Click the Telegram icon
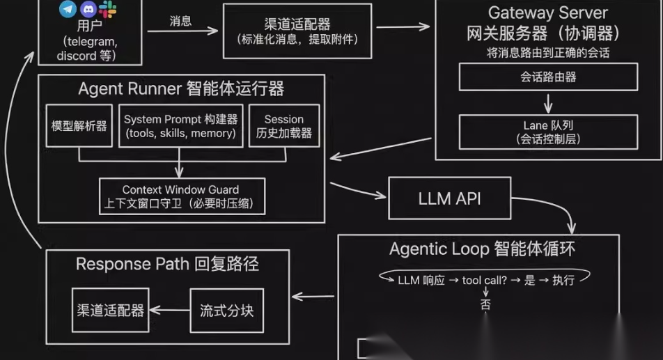point(68,9)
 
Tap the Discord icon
point(88,9)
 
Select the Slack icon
point(108,9)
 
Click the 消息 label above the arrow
point(180,20)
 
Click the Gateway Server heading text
point(547,13)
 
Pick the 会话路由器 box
point(548,77)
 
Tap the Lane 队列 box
point(548,132)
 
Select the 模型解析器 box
point(79,126)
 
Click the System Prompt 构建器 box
point(180,126)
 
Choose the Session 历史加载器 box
point(283,126)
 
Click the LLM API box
point(449,198)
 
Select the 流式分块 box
point(226,310)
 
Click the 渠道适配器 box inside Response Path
point(111,310)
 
